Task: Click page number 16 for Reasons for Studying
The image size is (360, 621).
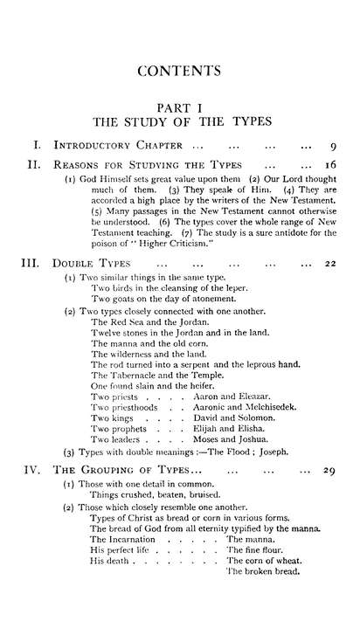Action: [330, 163]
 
